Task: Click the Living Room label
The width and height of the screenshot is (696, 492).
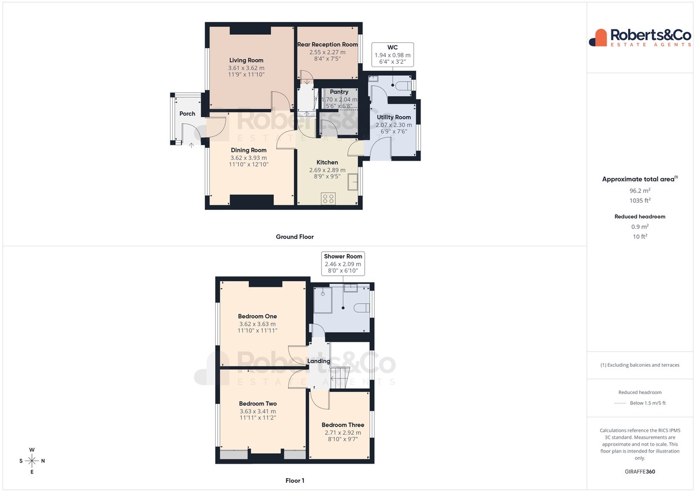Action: click(x=246, y=60)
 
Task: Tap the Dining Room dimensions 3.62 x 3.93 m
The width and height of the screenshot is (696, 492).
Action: click(x=249, y=158)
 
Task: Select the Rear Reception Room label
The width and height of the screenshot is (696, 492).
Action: click(x=328, y=45)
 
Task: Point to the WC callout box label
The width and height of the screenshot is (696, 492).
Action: click(x=393, y=47)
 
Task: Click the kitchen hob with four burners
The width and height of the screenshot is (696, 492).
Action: click(x=328, y=198)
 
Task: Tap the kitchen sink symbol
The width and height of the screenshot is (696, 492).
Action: click(x=353, y=181)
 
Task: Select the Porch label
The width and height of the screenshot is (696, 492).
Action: click(x=187, y=114)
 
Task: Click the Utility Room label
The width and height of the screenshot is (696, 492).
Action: click(x=394, y=117)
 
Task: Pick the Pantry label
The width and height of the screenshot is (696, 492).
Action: click(x=339, y=92)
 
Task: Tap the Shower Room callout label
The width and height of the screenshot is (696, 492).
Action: click(x=343, y=256)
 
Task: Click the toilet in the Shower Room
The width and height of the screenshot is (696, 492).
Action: click(x=362, y=308)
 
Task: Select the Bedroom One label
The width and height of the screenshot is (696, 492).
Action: click(x=258, y=316)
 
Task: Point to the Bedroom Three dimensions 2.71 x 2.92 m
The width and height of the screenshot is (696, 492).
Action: click(x=343, y=432)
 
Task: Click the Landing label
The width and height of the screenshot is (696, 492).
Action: click(x=318, y=361)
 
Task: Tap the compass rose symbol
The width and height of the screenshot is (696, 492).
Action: click(x=32, y=461)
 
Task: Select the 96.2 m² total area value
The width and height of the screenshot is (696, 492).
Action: click(x=640, y=191)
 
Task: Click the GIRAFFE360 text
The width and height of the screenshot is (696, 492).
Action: click(x=640, y=472)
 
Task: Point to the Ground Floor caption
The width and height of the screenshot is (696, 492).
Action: click(x=295, y=237)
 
